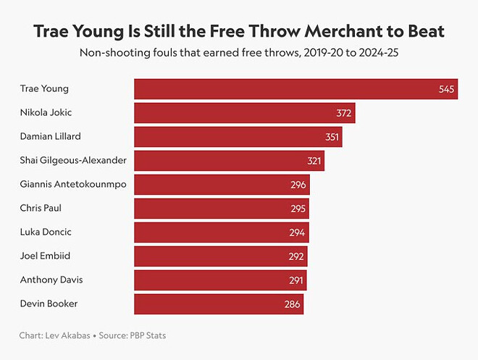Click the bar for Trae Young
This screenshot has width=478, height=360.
click(295, 89)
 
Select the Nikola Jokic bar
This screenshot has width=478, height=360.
click(244, 113)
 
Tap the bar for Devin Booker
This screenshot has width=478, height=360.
click(219, 304)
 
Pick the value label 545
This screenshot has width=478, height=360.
click(446, 89)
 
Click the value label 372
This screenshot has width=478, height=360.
click(343, 113)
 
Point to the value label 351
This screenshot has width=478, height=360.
click(332, 137)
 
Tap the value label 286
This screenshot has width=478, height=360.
click(292, 304)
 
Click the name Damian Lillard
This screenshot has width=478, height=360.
click(51, 136)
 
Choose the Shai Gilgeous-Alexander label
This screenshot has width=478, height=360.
click(73, 160)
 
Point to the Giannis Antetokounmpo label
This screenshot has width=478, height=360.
click(73, 184)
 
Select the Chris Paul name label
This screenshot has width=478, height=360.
click(41, 208)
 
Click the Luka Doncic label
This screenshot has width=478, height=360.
click(45, 232)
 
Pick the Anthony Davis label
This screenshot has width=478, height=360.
click(49, 280)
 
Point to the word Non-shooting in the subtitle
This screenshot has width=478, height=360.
click(112, 53)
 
